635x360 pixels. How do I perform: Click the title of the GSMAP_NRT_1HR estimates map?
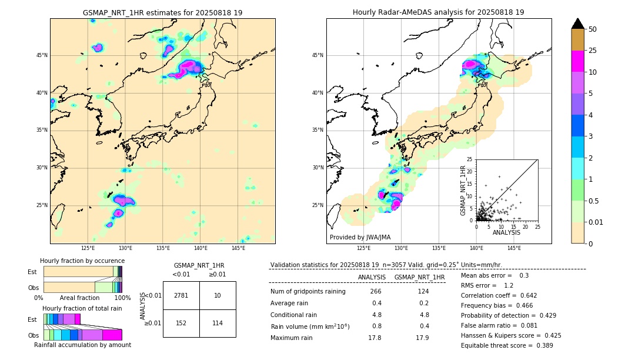[162, 12]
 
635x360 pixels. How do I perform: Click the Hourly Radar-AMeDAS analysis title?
[438, 12]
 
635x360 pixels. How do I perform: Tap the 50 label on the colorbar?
[593, 29]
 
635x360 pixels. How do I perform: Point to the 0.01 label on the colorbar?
[596, 222]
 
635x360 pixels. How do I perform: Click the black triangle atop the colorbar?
[578, 24]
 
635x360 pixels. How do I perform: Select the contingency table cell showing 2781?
[181, 295]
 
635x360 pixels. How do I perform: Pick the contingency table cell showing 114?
[218, 323]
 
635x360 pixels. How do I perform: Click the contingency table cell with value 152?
[181, 323]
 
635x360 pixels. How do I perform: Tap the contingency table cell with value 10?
[218, 295]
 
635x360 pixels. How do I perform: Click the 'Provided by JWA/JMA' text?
[360, 237]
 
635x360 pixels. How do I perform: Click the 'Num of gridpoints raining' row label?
[308, 291]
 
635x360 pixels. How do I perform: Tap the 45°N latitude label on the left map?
[42, 55]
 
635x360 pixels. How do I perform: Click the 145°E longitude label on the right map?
[514, 248]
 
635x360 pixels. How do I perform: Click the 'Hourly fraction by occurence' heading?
[82, 261]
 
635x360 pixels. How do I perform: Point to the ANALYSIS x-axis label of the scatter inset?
[506, 232]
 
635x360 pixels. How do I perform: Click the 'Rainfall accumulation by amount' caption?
[82, 345]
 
